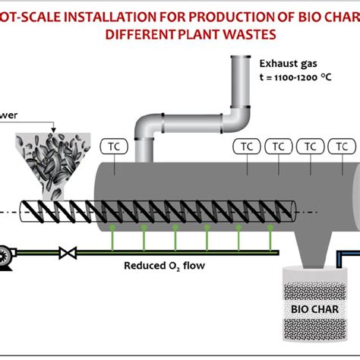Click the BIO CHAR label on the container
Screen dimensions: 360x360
tap(310, 308)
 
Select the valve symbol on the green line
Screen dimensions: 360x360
tap(71, 252)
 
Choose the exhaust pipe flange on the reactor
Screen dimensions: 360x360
tap(145, 159)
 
